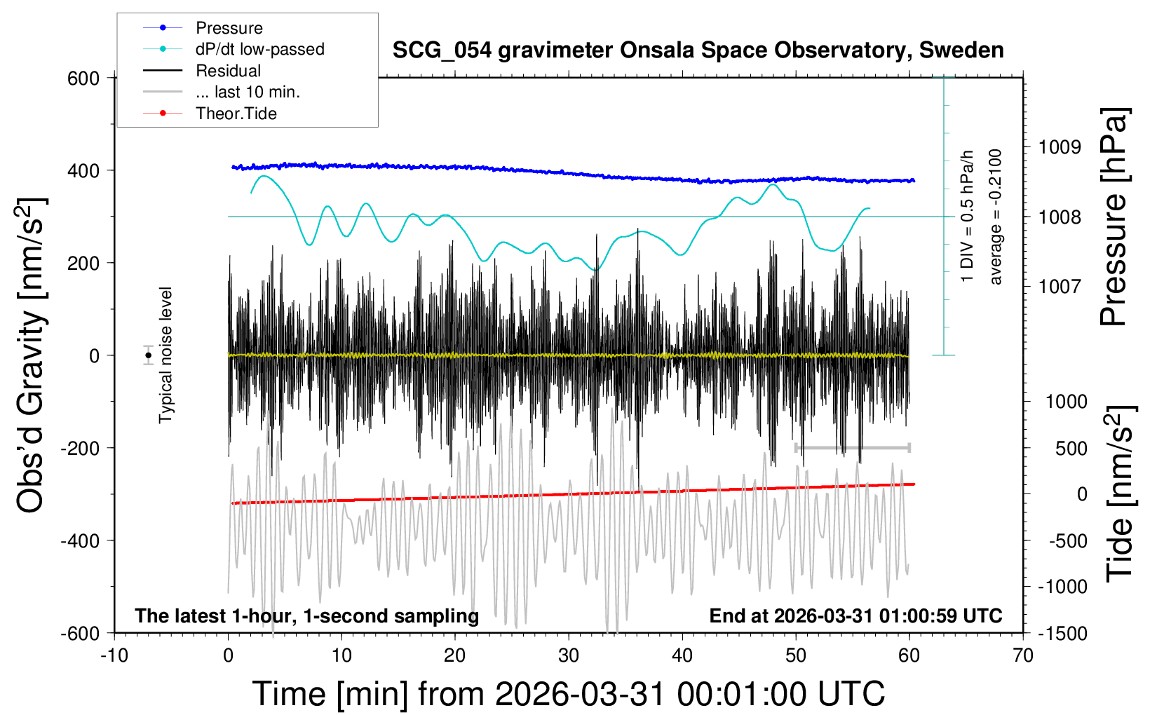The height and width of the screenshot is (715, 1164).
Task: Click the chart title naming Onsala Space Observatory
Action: tap(698, 50)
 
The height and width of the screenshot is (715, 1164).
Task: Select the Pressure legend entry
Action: tap(229, 28)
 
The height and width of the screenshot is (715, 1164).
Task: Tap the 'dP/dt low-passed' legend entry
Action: tap(259, 49)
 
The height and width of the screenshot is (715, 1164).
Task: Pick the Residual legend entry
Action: tap(228, 71)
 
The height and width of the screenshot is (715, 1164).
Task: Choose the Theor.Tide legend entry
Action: tap(236, 114)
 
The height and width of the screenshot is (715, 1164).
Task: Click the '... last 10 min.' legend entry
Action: tap(248, 92)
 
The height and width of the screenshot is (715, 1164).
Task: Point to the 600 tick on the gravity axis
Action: tap(83, 79)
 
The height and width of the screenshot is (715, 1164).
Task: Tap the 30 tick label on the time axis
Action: tap(569, 656)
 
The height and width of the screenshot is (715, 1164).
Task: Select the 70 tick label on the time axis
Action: tap(1023, 656)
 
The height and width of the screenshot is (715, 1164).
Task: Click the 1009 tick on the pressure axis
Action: tap(1060, 147)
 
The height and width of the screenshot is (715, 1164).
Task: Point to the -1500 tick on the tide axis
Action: tap(1063, 634)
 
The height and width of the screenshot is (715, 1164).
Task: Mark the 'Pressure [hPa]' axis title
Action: tap(1114, 217)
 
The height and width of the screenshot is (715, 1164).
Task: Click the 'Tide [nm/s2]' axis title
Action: tap(1120, 493)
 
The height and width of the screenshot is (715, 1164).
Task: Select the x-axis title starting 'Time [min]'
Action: tap(569, 694)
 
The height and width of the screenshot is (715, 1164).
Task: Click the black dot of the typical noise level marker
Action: tap(149, 355)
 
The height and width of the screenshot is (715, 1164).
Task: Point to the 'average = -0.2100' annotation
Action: tap(995, 217)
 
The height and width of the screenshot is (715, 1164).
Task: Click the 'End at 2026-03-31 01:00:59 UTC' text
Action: tap(855, 616)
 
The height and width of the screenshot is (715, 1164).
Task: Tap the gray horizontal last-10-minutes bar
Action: tap(852, 447)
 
